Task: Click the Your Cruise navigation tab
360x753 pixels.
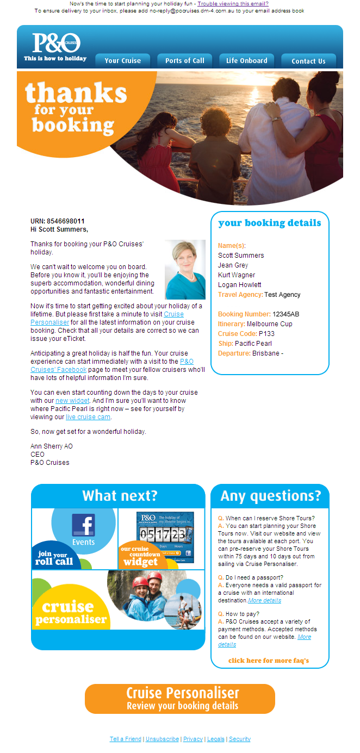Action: pos(122,61)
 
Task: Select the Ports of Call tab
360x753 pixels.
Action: pos(185,61)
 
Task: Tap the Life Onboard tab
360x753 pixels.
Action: pos(247,61)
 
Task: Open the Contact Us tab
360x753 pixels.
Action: pos(308,61)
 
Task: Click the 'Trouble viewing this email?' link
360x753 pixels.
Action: pos(233,3)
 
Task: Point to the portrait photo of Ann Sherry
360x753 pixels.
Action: pos(185,270)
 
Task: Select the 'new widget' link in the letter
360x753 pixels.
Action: pos(72,401)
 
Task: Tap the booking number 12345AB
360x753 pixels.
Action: pos(286,314)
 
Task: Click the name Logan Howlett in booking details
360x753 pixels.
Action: pos(239,285)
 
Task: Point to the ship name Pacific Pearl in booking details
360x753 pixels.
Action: pos(253,344)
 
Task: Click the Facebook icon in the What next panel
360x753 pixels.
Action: pos(83,526)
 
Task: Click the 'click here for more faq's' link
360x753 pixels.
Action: pos(269,661)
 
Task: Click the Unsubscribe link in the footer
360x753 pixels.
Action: pos(162,739)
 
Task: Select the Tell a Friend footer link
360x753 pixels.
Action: pos(125,739)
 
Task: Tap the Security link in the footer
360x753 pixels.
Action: pos(240,739)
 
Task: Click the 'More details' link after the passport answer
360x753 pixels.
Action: pos(265,601)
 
